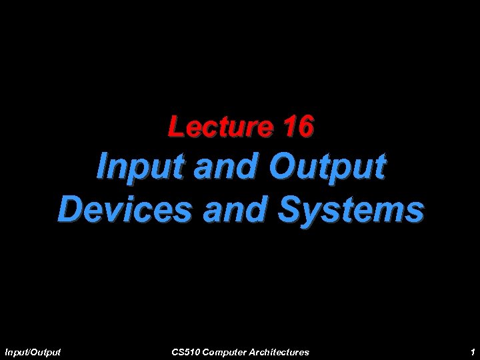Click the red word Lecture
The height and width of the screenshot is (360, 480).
(219, 126)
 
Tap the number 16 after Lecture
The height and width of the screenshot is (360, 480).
(297, 126)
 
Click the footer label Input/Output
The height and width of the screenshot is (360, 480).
(32, 351)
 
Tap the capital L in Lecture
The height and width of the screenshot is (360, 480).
(175, 126)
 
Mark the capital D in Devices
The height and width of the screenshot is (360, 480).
(69, 209)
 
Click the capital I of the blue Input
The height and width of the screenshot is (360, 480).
(102, 167)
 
